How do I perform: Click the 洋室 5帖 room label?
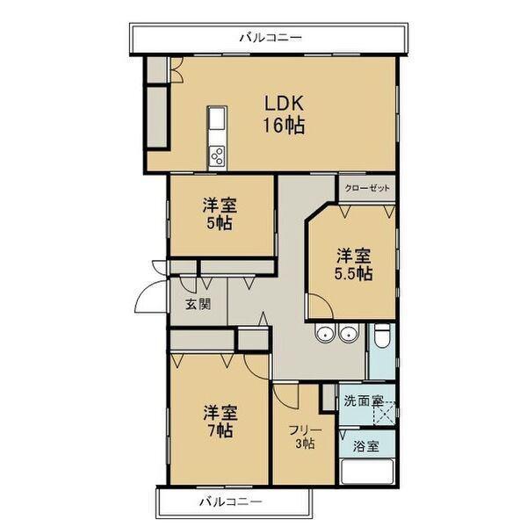click(220, 213)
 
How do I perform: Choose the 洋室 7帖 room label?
click(220, 421)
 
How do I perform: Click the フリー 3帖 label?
click(306, 437)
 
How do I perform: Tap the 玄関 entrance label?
click(198, 306)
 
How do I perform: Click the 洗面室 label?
click(362, 401)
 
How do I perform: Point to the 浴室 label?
click(367, 446)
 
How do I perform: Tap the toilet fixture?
click(382, 336)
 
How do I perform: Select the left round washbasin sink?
click(326, 333)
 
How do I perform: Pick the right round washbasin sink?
click(349, 333)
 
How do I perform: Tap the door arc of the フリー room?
click(285, 395)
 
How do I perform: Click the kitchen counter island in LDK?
click(217, 136)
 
